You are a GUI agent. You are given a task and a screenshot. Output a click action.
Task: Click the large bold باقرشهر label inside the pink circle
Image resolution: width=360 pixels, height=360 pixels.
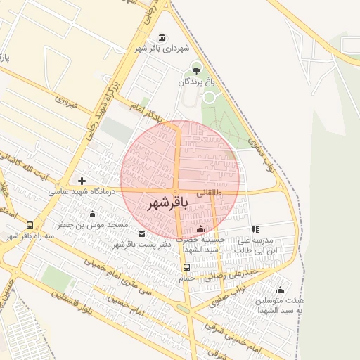tap(167, 203)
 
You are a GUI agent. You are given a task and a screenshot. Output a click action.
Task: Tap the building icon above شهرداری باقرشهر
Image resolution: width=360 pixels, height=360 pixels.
tap(162, 37)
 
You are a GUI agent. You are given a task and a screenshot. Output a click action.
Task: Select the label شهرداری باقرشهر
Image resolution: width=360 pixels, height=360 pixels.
tap(163, 49)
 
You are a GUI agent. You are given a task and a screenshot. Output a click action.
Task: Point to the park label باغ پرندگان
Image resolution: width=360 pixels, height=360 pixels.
tap(195, 82)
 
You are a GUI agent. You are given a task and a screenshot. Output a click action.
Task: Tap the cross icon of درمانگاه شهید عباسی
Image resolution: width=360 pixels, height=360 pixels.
tap(82, 181)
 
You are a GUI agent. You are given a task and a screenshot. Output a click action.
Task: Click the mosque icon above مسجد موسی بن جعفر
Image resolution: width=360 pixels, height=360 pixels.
tap(92, 214)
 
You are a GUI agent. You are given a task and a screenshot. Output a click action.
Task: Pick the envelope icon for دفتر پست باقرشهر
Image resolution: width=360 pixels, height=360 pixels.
tap(142, 233)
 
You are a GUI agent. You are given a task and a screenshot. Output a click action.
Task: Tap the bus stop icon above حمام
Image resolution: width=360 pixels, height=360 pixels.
tap(186, 267)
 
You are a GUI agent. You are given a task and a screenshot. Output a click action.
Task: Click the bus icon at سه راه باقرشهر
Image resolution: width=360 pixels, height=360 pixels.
tap(30, 225)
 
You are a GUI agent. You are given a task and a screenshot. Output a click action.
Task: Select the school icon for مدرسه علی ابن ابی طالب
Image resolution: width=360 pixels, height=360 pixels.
tap(255, 229)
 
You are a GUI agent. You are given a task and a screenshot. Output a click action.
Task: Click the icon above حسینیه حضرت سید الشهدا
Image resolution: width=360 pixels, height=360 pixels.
tap(201, 229)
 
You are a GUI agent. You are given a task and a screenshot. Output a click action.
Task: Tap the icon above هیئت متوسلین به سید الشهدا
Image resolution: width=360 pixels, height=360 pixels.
tap(280, 290)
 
